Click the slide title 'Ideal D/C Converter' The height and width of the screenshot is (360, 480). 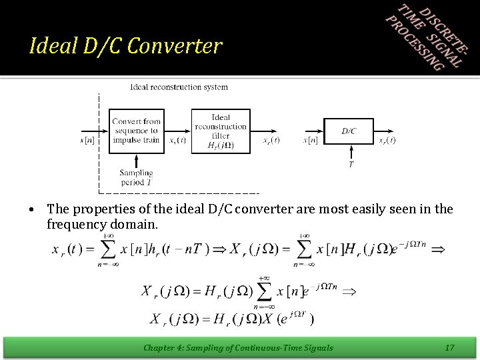[126, 46]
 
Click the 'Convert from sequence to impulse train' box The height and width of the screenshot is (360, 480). [136, 131]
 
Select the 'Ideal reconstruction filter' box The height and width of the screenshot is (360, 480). [221, 131]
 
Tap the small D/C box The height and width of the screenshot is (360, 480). [349, 131]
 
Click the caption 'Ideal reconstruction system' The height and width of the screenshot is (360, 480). [179, 87]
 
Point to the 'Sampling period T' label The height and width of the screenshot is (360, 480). [136, 177]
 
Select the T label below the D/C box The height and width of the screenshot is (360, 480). [351, 165]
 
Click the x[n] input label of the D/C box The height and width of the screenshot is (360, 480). [311, 141]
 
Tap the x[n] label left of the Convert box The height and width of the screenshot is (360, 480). [87, 141]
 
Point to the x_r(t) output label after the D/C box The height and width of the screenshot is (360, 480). [387, 141]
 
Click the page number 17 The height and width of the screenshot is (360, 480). [449, 347]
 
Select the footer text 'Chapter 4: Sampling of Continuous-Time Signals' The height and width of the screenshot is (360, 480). [238, 347]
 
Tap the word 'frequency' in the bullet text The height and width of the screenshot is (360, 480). [74, 225]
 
